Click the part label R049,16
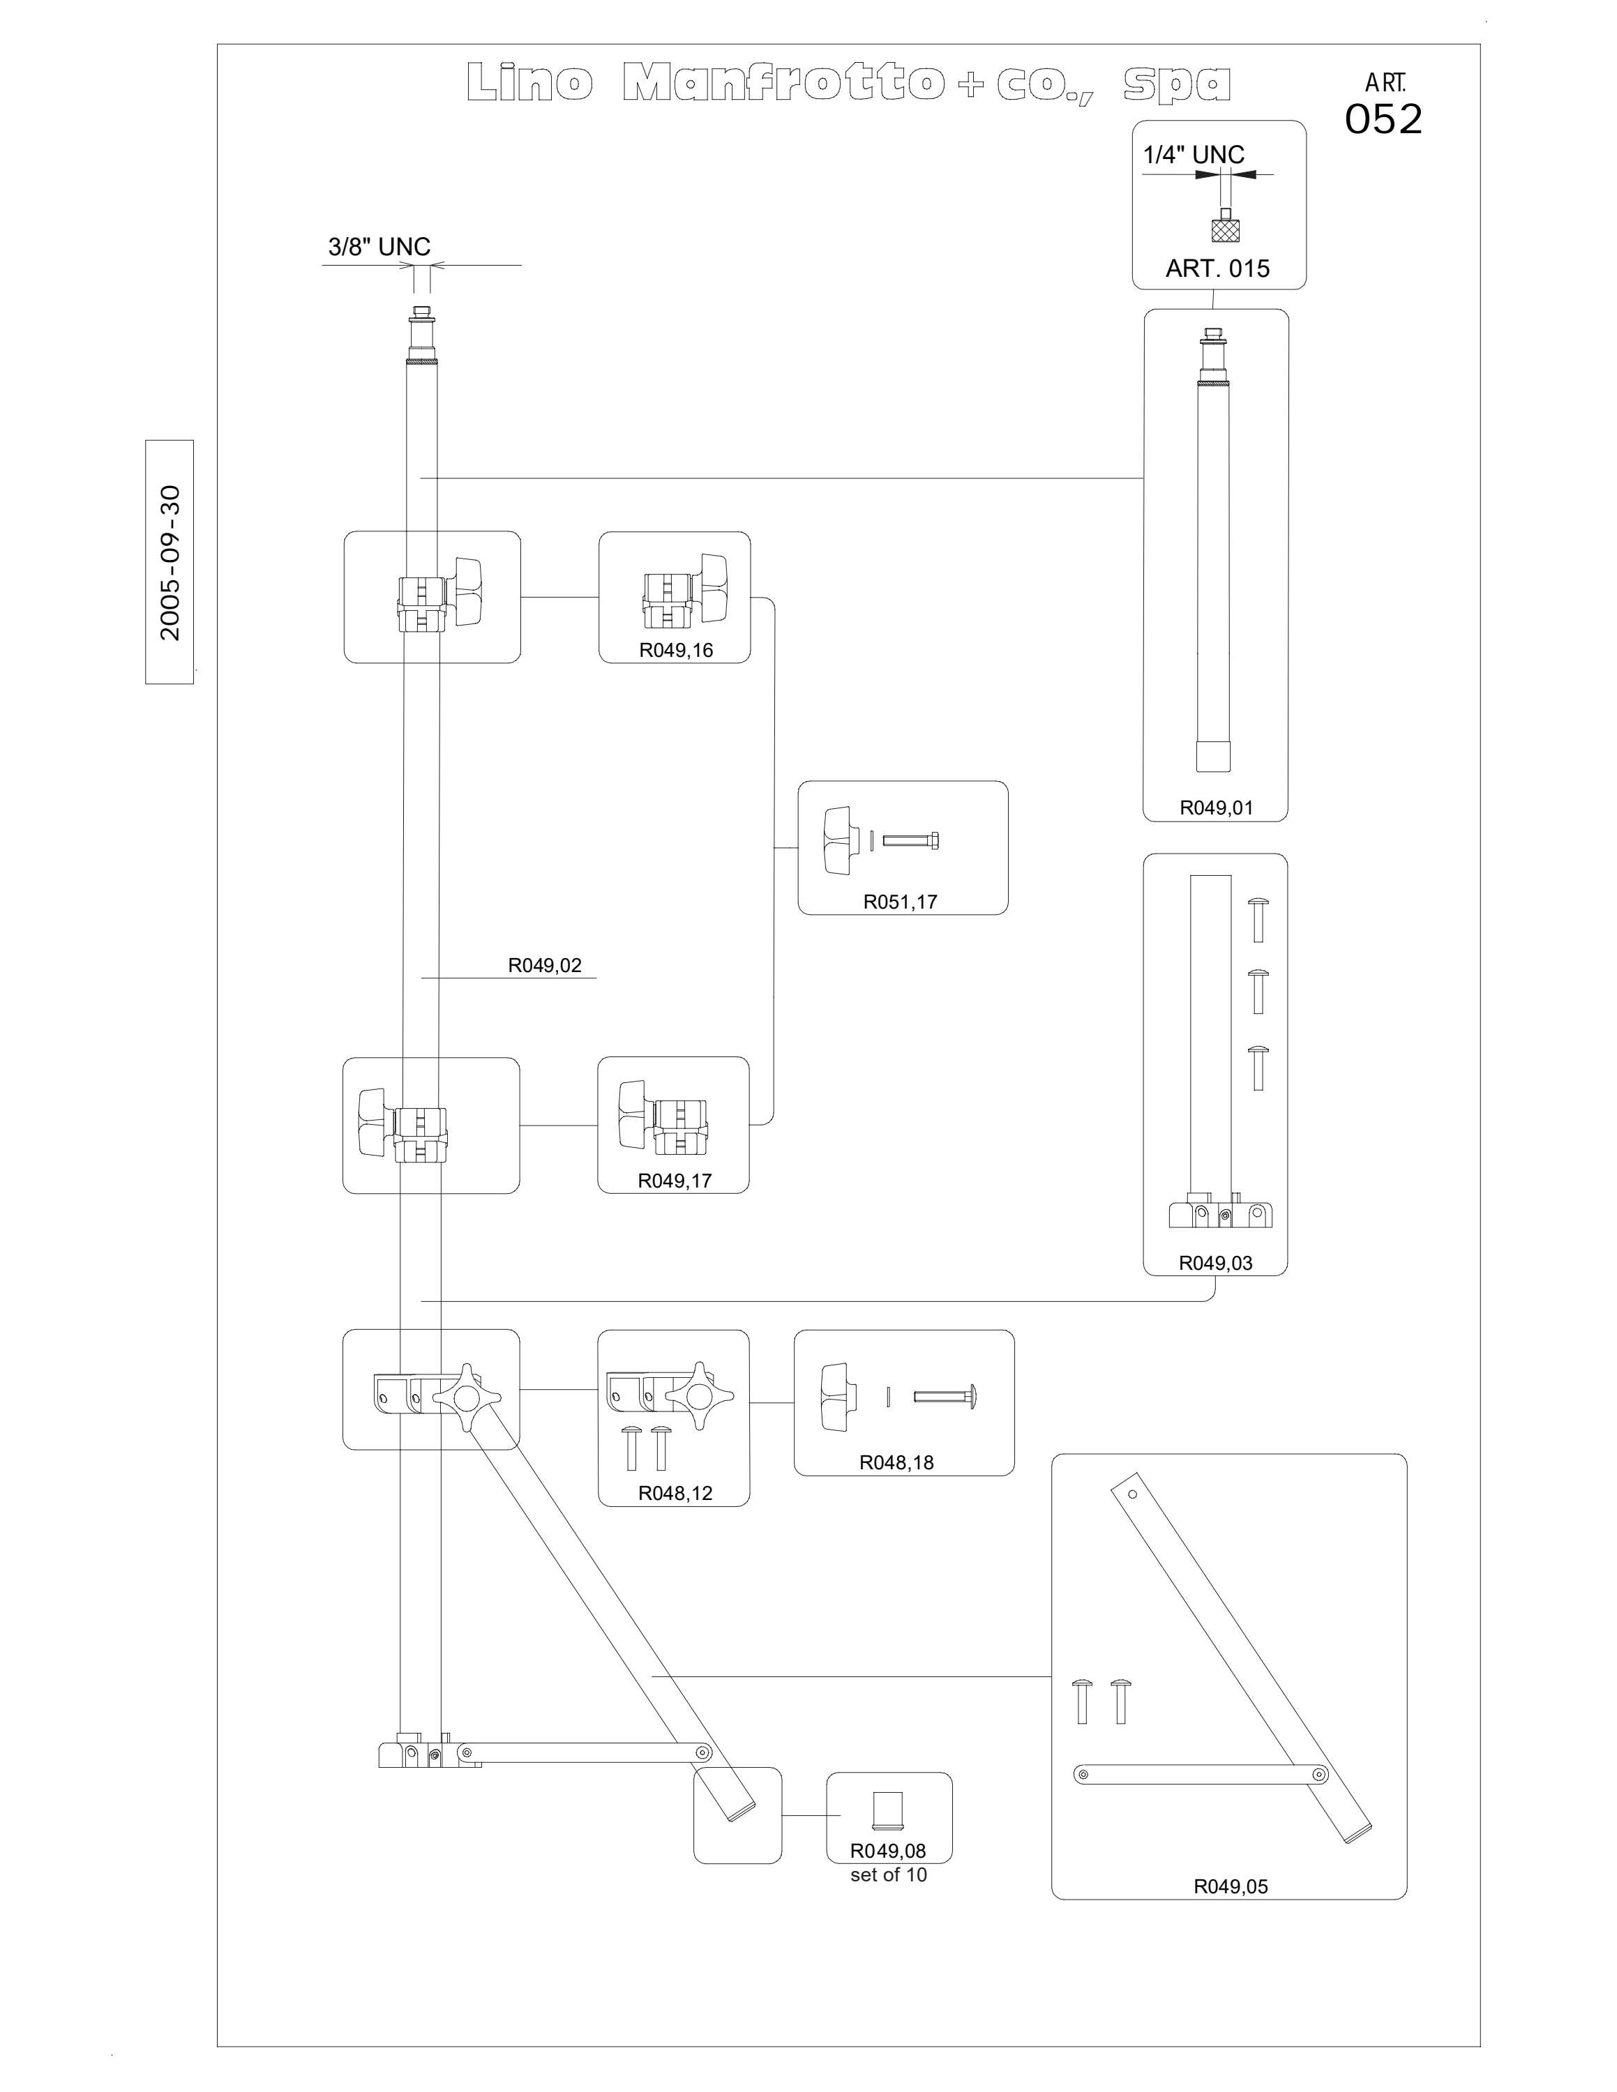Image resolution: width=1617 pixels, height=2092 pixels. click(x=676, y=651)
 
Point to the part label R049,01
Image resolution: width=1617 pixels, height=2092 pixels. click(x=1216, y=808)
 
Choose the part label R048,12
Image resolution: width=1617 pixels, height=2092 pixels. click(x=675, y=1492)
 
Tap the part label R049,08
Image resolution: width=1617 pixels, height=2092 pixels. click(x=888, y=1851)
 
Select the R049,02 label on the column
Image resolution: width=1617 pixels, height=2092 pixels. click(x=545, y=966)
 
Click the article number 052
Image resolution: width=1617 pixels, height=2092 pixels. click(x=1383, y=119)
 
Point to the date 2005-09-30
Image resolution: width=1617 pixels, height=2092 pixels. click(x=170, y=562)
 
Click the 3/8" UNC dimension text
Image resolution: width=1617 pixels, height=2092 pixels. click(x=379, y=247)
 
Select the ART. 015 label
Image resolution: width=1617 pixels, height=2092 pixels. click(x=1217, y=268)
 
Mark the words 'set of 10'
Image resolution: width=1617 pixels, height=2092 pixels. click(x=889, y=1874)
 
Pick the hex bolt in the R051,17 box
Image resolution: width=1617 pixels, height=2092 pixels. click(x=911, y=841)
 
